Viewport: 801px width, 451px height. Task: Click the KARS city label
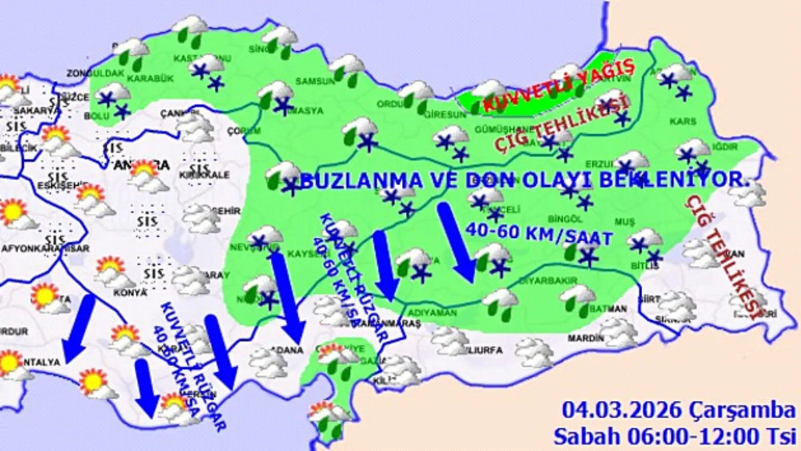click(685, 121)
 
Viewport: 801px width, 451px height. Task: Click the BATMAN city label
click(608, 309)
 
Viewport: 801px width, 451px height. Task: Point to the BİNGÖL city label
click(555, 219)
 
